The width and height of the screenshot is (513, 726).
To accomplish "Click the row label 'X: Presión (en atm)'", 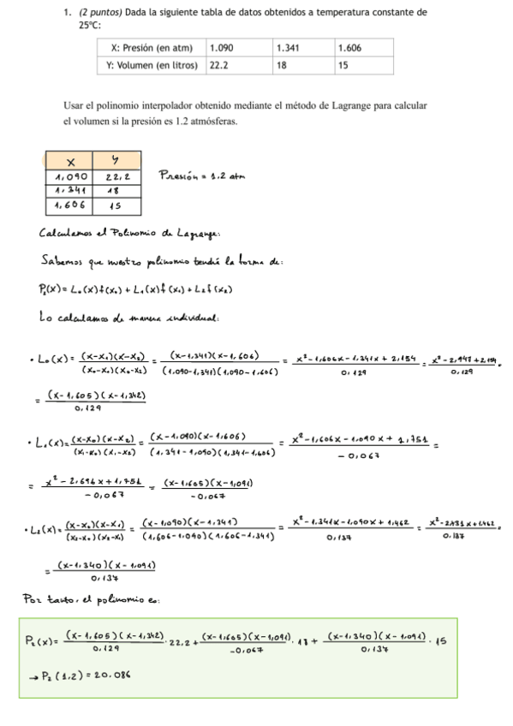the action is click(x=152, y=49).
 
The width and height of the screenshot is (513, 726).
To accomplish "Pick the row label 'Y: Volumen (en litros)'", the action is click(x=152, y=65).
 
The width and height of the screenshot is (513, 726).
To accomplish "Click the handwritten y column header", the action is click(x=115, y=162).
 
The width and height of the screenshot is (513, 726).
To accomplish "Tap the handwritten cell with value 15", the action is click(x=114, y=205).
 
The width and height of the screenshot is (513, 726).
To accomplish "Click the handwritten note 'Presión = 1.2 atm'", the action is click(x=202, y=176).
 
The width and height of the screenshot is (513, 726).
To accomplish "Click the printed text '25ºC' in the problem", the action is click(x=89, y=26).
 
